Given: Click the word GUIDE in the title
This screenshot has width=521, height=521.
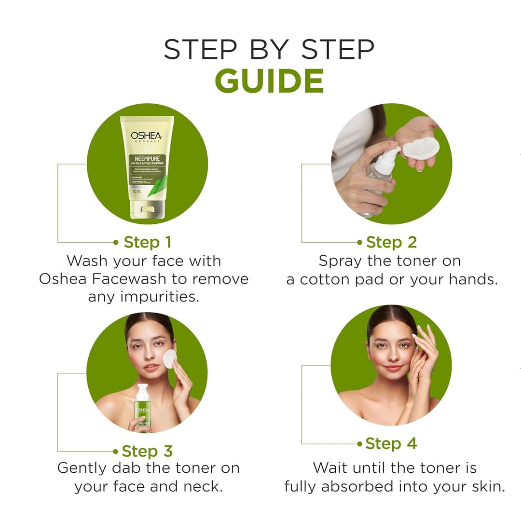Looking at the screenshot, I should click(x=269, y=81).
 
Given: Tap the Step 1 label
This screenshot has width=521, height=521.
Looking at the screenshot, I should click(x=147, y=242).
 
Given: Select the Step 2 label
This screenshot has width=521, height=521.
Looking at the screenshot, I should click(x=391, y=242).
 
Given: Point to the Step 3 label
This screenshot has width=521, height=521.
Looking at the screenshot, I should click(x=147, y=451).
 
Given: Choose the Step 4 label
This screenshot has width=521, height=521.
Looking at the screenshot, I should click(x=391, y=443).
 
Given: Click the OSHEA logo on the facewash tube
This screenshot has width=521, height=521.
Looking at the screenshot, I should click(x=147, y=136).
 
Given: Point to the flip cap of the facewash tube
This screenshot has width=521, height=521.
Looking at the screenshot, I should click(x=146, y=209).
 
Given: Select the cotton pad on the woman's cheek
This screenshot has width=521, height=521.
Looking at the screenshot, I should click(x=170, y=358).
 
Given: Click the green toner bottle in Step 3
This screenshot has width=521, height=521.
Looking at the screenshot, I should click(x=142, y=408).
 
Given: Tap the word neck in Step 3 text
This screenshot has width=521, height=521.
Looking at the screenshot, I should click(x=205, y=486).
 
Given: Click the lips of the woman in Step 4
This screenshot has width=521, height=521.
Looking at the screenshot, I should click(x=393, y=368).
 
